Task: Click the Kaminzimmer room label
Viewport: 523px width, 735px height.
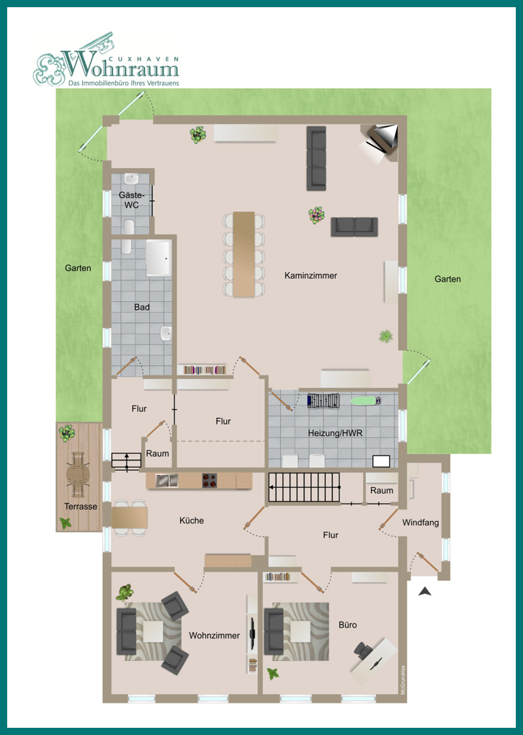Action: click(x=310, y=275)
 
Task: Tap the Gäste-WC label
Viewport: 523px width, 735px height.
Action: click(x=132, y=200)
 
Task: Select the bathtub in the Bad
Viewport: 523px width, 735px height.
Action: click(x=158, y=258)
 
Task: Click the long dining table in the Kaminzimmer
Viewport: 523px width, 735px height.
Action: click(x=244, y=254)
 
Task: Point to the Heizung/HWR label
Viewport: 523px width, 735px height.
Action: click(x=335, y=433)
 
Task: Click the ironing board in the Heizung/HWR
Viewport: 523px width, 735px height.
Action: click(x=365, y=401)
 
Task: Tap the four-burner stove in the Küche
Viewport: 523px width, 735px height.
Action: click(x=210, y=481)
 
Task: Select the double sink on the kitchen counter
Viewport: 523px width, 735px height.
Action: click(x=166, y=480)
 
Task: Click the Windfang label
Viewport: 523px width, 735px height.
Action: click(x=421, y=522)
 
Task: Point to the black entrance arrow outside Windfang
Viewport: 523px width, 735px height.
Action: click(x=425, y=592)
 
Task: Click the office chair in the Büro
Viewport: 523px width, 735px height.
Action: click(x=363, y=650)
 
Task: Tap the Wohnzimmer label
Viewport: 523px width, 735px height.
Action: click(x=214, y=636)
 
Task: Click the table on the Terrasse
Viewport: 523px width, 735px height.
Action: click(x=78, y=474)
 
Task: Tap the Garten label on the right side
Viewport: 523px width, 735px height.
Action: click(x=447, y=279)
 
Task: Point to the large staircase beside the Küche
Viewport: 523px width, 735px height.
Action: click(x=304, y=488)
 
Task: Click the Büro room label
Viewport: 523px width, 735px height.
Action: click(x=347, y=625)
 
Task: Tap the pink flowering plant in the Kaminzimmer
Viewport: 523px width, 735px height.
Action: click(x=316, y=215)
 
